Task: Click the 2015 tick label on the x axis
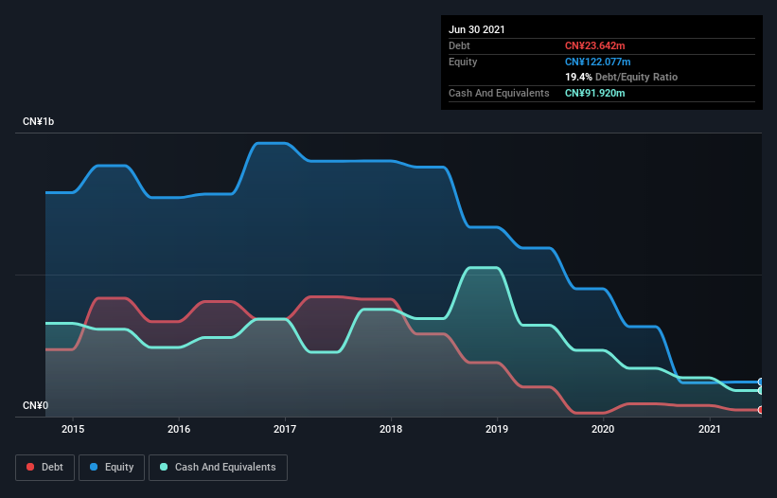73,429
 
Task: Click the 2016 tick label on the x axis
179,429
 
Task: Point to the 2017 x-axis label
285,429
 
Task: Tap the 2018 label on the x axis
391,429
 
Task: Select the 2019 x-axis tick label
497,429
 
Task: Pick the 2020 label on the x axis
603,429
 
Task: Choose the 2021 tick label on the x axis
709,429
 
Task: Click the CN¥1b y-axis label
43,122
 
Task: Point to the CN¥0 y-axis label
35,406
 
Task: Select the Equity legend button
113,467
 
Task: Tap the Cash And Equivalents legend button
218,467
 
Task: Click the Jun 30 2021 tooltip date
477,29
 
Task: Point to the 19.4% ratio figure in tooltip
577,77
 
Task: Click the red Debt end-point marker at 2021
761,410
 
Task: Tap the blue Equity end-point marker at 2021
761,382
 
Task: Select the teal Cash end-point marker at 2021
761,390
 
